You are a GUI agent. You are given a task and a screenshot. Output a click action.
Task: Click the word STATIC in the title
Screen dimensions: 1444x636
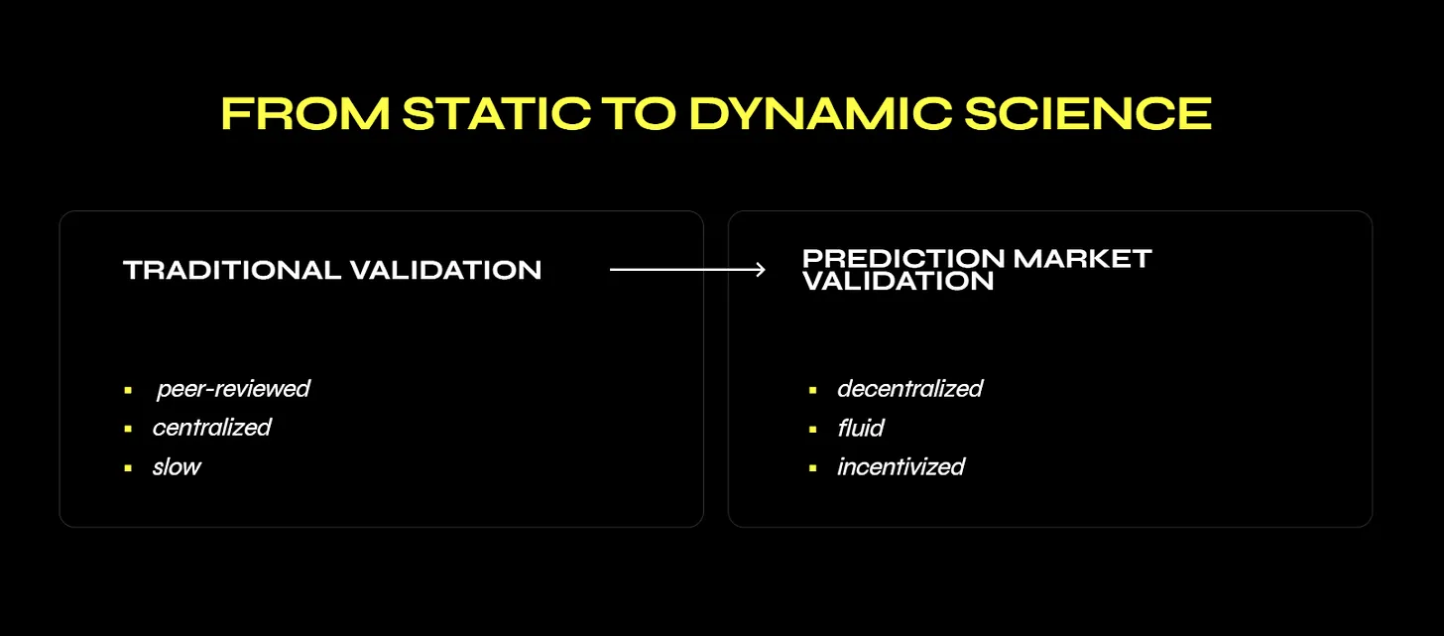[497, 113]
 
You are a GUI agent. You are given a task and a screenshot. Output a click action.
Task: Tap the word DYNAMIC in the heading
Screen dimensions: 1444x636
[820, 113]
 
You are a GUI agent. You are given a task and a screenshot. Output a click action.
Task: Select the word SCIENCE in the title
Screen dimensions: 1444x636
[1088, 113]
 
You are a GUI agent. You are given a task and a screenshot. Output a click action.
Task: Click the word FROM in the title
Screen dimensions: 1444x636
[305, 113]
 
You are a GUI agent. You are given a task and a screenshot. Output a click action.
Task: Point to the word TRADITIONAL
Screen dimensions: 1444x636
[232, 270]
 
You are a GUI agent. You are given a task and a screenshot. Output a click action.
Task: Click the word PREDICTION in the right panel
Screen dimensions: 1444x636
[903, 259]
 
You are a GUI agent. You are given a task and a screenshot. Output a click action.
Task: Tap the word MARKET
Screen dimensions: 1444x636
[1082, 259]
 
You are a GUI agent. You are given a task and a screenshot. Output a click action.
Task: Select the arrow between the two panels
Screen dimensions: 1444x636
[688, 269]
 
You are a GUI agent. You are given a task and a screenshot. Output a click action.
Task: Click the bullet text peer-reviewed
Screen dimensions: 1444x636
[233, 389]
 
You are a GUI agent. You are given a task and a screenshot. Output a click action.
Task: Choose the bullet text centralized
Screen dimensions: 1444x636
[212, 428]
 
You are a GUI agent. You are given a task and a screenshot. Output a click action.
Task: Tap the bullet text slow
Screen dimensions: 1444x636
[177, 467]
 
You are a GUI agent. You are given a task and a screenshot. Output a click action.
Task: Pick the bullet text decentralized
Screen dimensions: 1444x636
[910, 389]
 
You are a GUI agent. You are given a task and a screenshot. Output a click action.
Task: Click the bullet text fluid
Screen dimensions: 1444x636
[861, 429]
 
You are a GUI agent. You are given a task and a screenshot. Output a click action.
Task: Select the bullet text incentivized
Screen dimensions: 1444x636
[902, 467]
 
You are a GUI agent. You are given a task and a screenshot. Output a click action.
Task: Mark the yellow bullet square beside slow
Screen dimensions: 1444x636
[128, 468]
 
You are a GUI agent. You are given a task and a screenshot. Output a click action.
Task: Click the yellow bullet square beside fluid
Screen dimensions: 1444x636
[813, 430]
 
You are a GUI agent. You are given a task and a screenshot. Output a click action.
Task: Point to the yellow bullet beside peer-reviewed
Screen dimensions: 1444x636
[128, 390]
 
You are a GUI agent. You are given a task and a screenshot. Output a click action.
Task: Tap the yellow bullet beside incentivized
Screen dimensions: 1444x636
[813, 468]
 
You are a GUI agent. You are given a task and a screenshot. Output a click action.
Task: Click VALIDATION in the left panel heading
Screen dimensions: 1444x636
[445, 270]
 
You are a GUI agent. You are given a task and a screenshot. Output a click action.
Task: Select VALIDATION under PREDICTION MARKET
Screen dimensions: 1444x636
[898, 281]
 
